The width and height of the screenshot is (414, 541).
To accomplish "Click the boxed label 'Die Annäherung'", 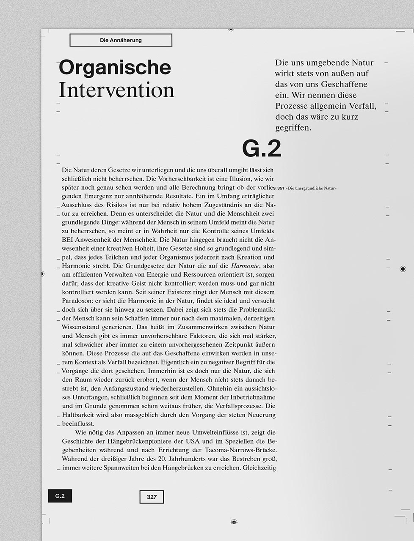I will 121,40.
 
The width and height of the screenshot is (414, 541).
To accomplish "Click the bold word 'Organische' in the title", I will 115,68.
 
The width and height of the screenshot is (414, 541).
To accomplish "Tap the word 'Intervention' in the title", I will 116,90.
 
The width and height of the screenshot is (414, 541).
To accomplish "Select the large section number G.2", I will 261,148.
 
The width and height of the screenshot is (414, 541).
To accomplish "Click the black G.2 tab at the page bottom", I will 60,496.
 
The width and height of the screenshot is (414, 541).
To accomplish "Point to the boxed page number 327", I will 152,497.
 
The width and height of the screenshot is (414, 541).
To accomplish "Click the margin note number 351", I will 281,188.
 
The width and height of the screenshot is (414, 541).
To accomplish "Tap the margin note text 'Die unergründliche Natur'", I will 311,188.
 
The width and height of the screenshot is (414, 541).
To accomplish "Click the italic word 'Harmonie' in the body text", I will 245,266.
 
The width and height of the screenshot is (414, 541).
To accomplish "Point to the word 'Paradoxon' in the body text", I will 77,301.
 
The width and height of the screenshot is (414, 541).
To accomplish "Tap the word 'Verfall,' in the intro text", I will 362,106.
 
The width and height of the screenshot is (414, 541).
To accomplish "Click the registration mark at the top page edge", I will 231,29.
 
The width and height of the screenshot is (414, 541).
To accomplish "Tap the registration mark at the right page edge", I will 403,268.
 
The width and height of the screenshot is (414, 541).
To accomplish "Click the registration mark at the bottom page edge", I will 234,522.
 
